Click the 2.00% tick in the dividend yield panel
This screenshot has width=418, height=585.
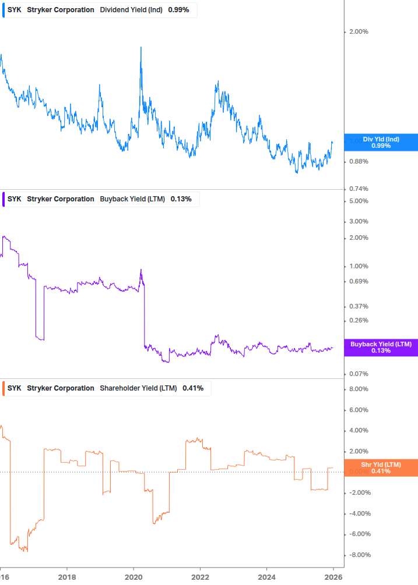pyautogui.click(x=358, y=31)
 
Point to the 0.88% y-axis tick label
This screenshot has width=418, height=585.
pyautogui.click(x=358, y=161)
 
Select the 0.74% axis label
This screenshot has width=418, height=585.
pyautogui.click(x=358, y=189)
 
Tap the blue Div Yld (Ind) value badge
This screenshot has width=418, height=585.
pyautogui.click(x=381, y=142)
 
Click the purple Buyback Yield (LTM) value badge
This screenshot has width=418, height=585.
pyautogui.click(x=381, y=348)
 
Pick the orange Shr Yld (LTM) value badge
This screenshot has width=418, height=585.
pyautogui.click(x=381, y=467)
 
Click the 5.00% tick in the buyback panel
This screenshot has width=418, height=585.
pyautogui.click(x=358, y=201)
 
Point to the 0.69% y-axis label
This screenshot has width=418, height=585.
pyautogui.click(x=358, y=281)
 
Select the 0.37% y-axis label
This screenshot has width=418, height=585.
pyautogui.click(x=358, y=306)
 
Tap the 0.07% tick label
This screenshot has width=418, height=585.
pyautogui.click(x=358, y=374)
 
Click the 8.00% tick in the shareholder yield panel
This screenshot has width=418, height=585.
pyautogui.click(x=358, y=389)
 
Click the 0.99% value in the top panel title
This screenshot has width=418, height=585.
pyautogui.click(x=178, y=10)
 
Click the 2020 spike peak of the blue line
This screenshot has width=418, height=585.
pyautogui.click(x=141, y=47)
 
